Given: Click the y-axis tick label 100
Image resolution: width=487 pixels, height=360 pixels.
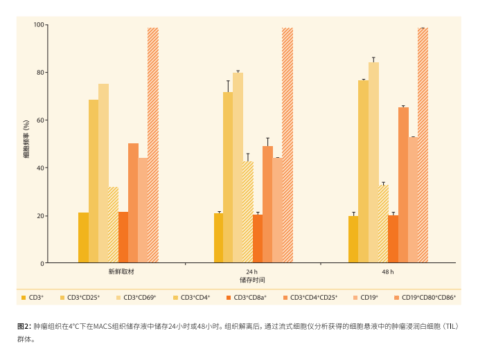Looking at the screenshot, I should [x=39, y=25].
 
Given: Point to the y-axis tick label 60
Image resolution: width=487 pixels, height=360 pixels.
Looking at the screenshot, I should [x=40, y=120].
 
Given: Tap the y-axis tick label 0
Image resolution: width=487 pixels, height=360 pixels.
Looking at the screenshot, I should [x=42, y=264].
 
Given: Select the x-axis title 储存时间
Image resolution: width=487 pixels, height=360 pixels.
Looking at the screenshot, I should [x=252, y=280].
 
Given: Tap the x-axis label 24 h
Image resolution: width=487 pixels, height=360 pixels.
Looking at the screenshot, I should [x=252, y=272].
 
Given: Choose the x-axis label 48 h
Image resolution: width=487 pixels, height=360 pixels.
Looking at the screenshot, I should [x=388, y=272].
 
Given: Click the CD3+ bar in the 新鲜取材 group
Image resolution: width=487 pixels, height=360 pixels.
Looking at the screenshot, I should [x=83, y=237].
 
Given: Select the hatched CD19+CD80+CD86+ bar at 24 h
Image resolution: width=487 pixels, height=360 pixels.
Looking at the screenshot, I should [x=287, y=145].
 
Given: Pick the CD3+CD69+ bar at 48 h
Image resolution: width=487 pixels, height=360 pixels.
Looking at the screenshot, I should [x=373, y=163].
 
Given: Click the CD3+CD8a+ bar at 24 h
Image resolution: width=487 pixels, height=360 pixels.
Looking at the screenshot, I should [x=258, y=239].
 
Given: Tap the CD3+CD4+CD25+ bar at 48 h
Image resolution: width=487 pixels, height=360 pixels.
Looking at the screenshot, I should [x=403, y=186].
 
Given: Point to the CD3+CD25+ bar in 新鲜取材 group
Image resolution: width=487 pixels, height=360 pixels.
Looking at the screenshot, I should [x=93, y=181].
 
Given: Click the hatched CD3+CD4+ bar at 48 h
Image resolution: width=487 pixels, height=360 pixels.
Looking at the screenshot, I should [x=383, y=224].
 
